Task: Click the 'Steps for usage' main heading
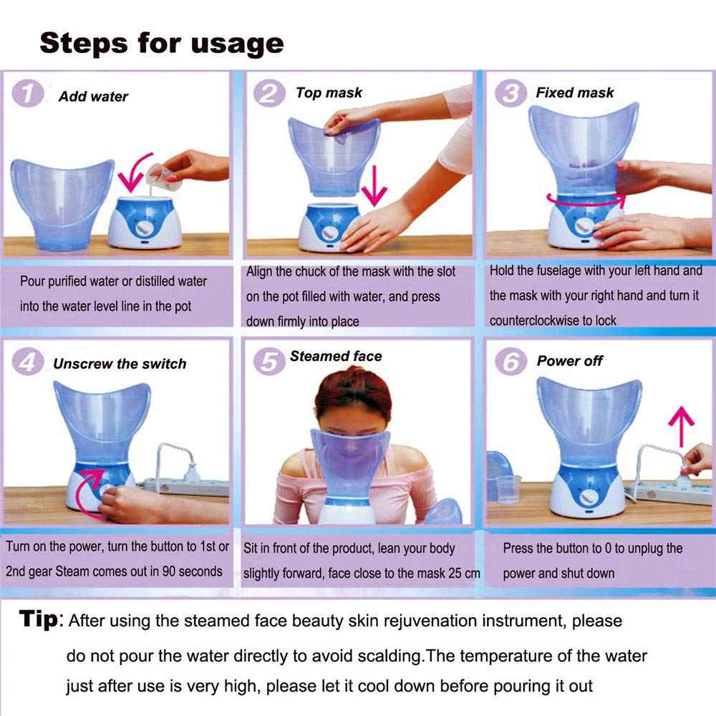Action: (162, 43)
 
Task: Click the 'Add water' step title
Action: (93, 96)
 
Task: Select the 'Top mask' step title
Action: (329, 92)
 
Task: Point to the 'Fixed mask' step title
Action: (574, 92)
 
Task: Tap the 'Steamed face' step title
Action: (336, 356)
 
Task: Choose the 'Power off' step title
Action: (569, 361)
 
